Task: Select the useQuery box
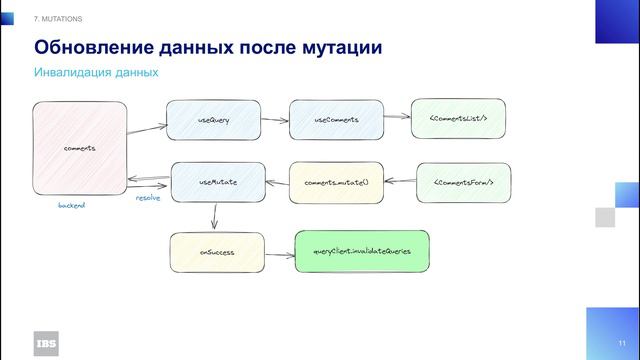coord(213,120)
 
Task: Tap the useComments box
coord(336,120)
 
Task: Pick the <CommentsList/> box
coord(457,119)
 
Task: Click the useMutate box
coord(217,182)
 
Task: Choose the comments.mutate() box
coord(336,183)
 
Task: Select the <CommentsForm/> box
coord(462,182)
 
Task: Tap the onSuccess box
coord(217,252)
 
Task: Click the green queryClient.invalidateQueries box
coord(362,251)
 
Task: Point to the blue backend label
coord(72,205)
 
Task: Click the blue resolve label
coord(148,198)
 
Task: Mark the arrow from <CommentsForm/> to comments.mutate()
coord(400,182)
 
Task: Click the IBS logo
coord(46,340)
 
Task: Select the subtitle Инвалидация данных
coord(96,73)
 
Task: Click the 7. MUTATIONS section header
coord(59,19)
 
